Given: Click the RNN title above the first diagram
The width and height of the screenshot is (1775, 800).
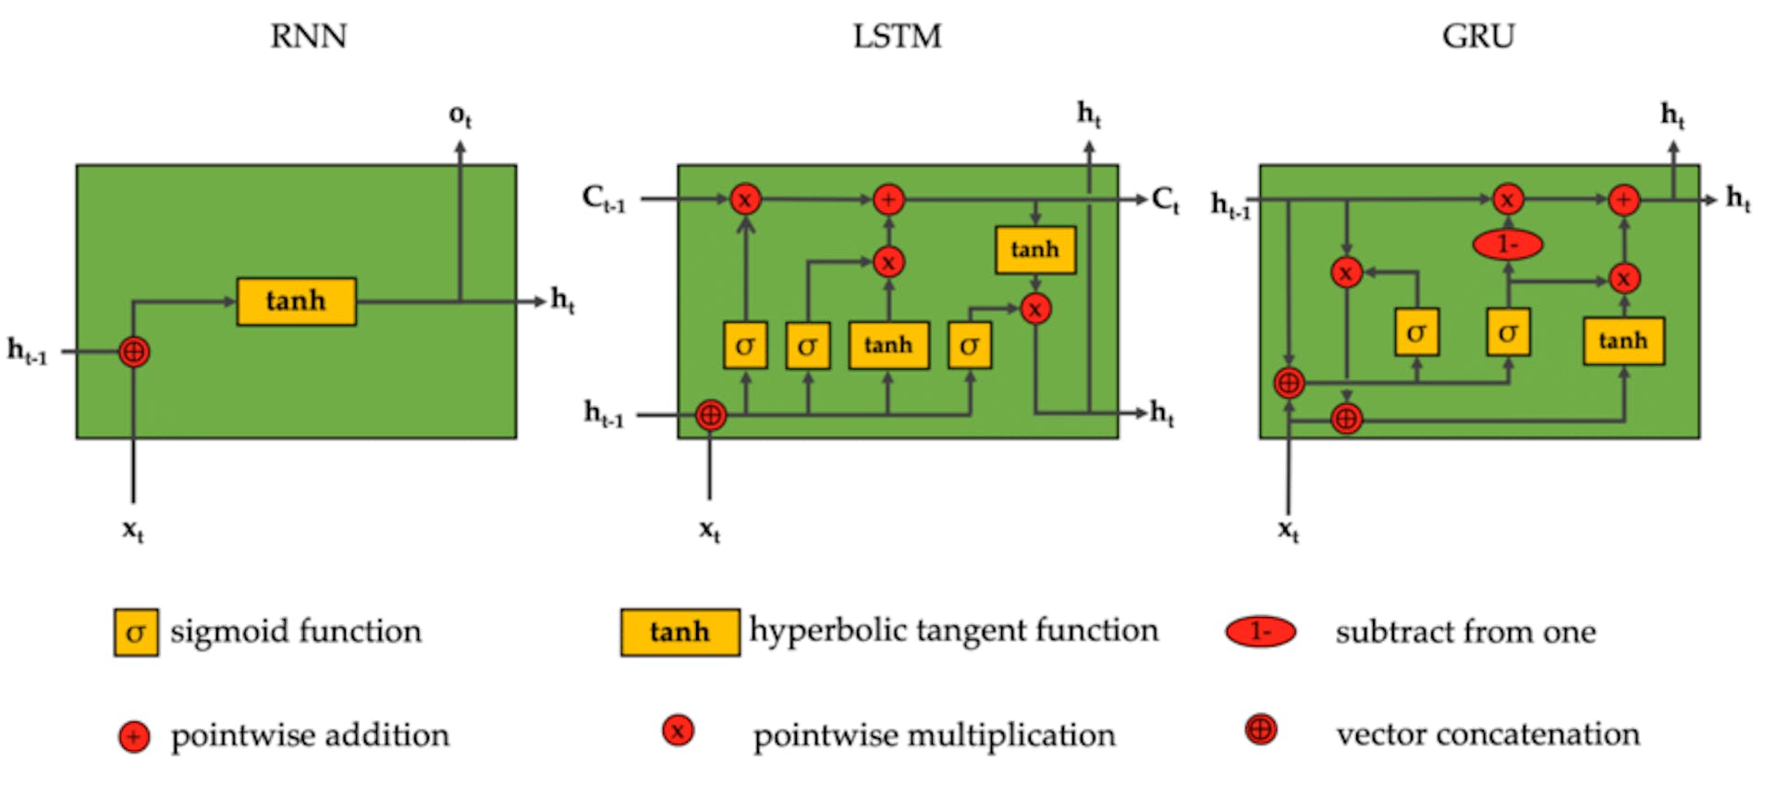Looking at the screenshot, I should pyautogui.click(x=309, y=36).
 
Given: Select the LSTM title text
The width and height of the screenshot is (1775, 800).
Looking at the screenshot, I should pyautogui.click(x=897, y=36).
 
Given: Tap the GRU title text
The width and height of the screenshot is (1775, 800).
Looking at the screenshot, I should pyautogui.click(x=1478, y=36).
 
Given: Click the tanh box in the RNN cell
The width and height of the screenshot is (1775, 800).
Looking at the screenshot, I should pyautogui.click(x=296, y=302).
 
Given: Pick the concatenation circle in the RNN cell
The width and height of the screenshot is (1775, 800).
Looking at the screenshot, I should pyautogui.click(x=134, y=351).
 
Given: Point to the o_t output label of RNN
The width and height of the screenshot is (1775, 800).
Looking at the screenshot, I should pyautogui.click(x=459, y=116).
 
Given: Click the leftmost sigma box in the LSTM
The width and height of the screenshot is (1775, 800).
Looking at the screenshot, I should pyautogui.click(x=745, y=346).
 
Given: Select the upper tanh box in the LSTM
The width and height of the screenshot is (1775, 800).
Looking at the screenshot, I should pyautogui.click(x=1034, y=250).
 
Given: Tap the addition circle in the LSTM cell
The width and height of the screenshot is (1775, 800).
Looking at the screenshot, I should pyautogui.click(x=888, y=199).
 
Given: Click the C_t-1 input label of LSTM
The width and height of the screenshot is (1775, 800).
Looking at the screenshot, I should pyautogui.click(x=604, y=198).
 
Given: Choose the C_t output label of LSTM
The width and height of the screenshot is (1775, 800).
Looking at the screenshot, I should pyautogui.click(x=1165, y=199).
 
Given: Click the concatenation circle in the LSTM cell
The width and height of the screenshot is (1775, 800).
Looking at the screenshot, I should pyautogui.click(x=710, y=415).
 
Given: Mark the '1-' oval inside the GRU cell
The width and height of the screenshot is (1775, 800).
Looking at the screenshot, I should pyautogui.click(x=1507, y=244).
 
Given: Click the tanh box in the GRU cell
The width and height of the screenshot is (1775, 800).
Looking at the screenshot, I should pyautogui.click(x=1623, y=341).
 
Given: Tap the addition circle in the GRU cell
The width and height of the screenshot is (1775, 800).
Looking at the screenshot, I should pyautogui.click(x=1623, y=199).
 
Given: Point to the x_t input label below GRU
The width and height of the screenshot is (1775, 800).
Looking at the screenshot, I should pyautogui.click(x=1288, y=530).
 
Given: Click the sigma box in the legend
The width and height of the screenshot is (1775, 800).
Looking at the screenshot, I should pyautogui.click(x=136, y=633).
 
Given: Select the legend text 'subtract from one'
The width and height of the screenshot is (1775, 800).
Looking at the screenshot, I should pyautogui.click(x=1465, y=632).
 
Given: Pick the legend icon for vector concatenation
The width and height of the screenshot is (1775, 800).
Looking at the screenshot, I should pyautogui.click(x=1260, y=730).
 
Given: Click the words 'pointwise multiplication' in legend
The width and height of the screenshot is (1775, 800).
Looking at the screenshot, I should pyautogui.click(x=934, y=735).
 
